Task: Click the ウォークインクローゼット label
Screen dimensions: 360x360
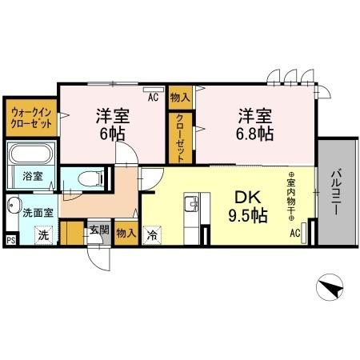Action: pyautogui.click(x=30, y=118)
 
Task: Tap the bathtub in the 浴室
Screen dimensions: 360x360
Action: pyautogui.click(x=33, y=154)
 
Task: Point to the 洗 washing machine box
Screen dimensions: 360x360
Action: pyautogui.click(x=44, y=235)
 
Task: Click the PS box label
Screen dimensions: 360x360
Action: pyautogui.click(x=10, y=239)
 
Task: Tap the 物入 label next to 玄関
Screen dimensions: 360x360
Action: pyautogui.click(x=125, y=234)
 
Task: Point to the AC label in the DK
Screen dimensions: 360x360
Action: pyautogui.click(x=294, y=233)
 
